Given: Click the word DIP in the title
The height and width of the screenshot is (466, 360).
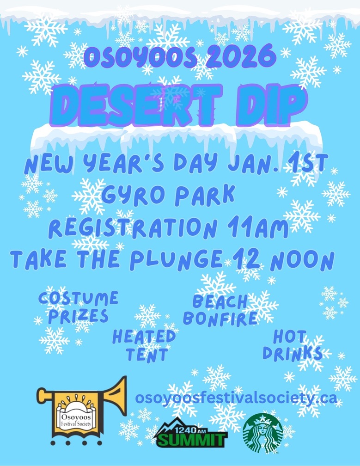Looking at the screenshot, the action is pos(270,105).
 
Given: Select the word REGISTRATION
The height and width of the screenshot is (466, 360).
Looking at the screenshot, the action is pos(133,228).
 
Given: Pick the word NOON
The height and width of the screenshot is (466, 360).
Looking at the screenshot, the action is pos(302,261).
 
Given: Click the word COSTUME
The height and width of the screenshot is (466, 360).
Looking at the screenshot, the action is pos(79,298).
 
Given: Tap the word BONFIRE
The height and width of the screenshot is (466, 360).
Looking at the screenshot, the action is pos(220,318).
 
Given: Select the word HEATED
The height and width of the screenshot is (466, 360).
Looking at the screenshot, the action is pos(144,337).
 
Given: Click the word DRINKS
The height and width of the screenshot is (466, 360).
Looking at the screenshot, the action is pos(293,353).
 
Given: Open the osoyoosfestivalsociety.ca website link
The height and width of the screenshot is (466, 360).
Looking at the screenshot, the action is pos(236,398).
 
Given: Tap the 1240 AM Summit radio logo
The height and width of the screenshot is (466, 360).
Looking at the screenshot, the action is pos(190,434).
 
